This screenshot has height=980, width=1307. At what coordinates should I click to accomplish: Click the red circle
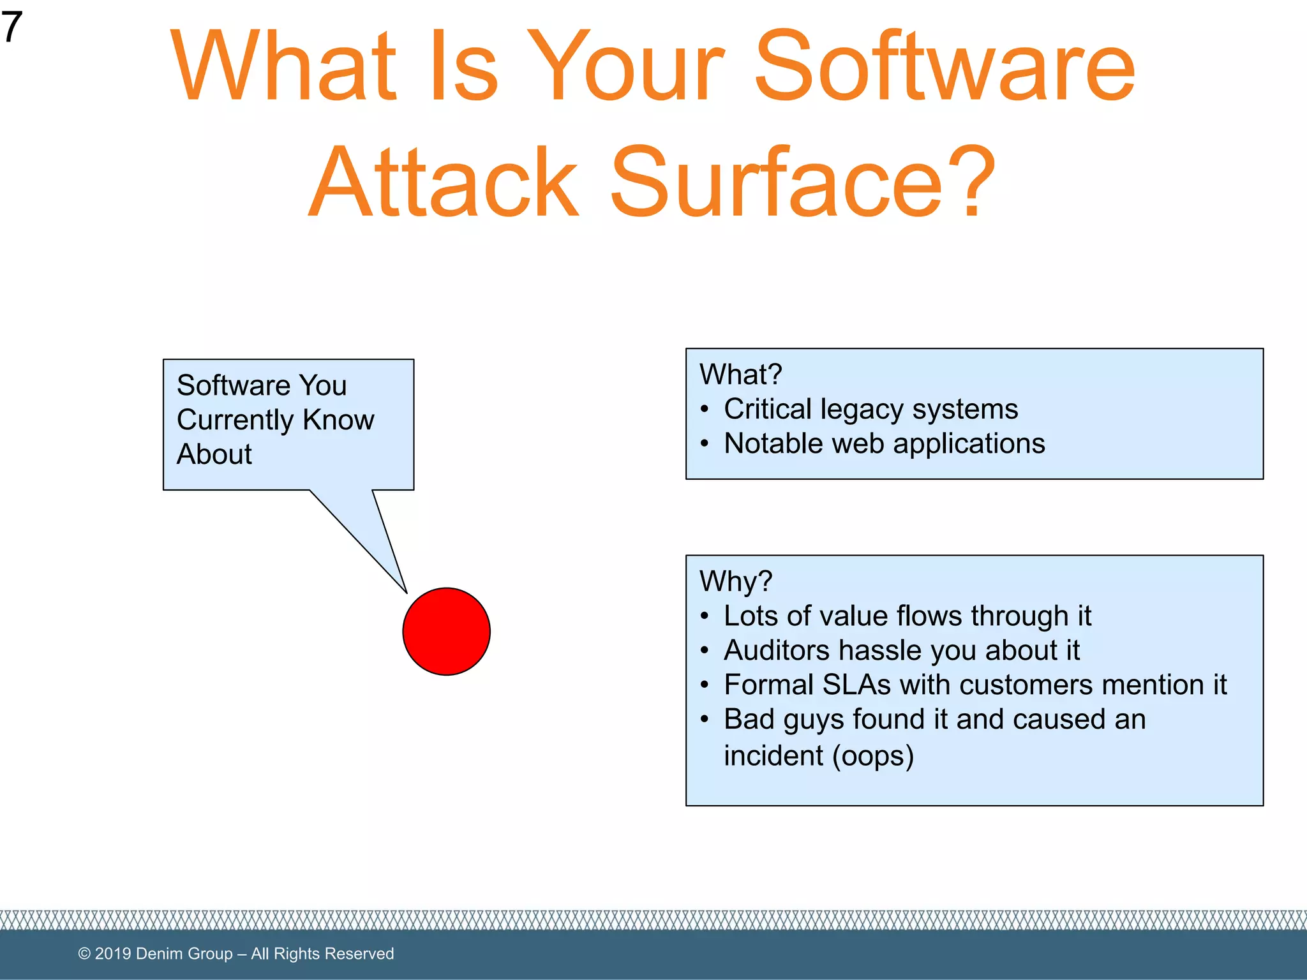tap(446, 631)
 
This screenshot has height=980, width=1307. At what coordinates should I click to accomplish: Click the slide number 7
tap(11, 27)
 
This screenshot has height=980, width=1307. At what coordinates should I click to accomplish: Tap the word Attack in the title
tap(444, 182)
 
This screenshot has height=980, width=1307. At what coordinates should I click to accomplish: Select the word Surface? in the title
tap(802, 182)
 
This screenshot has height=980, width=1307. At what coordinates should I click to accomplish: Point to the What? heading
tap(740, 375)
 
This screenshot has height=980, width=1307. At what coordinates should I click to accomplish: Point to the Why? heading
tap(736, 581)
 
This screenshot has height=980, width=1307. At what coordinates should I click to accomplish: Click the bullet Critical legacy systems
tap(870, 409)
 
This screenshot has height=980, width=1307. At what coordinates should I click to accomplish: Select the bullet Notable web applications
tap(884, 443)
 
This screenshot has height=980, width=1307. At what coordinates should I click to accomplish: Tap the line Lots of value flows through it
tap(907, 616)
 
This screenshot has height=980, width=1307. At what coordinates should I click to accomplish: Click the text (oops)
tap(873, 756)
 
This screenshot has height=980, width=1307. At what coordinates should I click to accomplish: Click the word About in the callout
tap(214, 454)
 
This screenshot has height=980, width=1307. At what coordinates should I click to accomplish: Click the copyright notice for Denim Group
tap(235, 953)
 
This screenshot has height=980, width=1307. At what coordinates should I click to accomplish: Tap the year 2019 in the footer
tap(113, 953)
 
